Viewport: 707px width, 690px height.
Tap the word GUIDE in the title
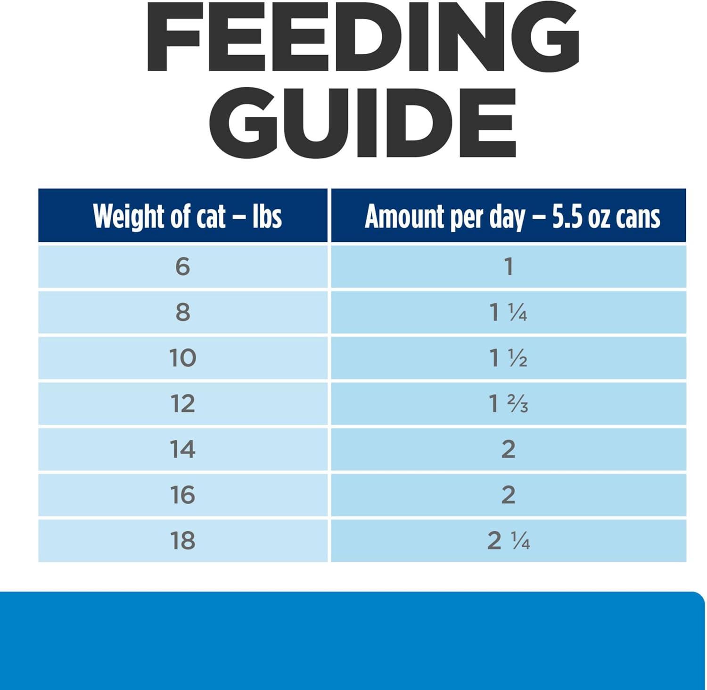tap(362, 122)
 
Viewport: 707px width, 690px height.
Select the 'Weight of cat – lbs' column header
tap(187, 216)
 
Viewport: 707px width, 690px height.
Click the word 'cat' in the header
tap(211, 217)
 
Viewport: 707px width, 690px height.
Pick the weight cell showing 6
tap(182, 267)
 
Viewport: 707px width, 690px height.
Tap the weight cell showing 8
tap(182, 312)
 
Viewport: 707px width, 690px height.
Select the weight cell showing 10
tap(182, 358)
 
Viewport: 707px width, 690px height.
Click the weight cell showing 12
tap(182, 404)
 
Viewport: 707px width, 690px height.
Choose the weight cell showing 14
tap(182, 449)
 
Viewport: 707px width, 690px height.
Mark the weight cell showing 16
tap(182, 495)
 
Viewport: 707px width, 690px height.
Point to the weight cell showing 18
tap(182, 541)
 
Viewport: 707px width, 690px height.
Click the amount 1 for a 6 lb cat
tap(508, 267)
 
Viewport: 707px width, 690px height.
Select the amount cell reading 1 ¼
tap(508, 312)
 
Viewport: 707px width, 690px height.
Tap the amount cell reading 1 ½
tap(508, 358)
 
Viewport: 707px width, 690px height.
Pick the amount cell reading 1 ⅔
tap(508, 404)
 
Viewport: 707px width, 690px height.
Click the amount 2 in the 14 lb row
tap(508, 449)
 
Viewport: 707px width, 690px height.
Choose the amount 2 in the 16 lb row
tap(508, 495)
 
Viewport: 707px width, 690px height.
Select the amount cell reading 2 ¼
tap(508, 541)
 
